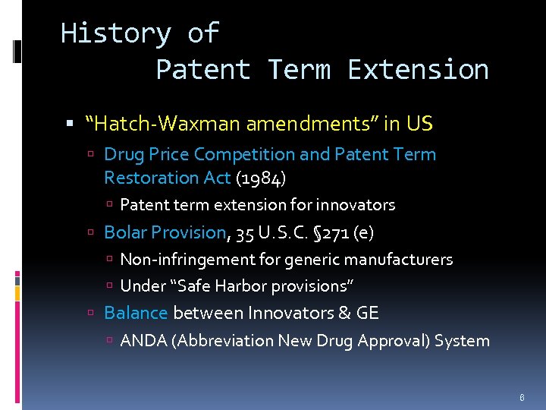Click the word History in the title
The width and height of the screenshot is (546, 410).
tap(115, 33)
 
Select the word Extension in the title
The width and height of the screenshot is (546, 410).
tap(418, 70)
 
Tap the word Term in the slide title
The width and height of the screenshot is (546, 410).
tap(299, 70)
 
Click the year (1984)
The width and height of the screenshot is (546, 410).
tap(261, 178)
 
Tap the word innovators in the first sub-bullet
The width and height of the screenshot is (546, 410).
tap(356, 205)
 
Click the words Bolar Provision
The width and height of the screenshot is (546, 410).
tap(165, 232)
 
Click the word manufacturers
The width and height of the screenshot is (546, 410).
tap(407, 260)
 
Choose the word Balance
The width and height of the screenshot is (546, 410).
tap(136, 313)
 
